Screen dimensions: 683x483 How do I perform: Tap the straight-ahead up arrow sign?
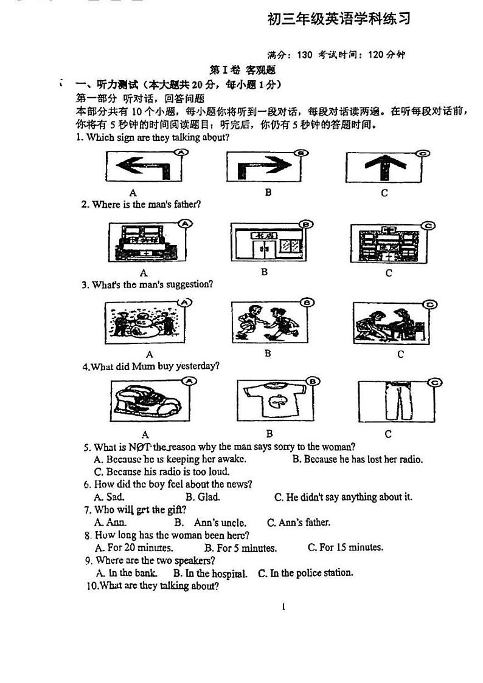[x=384, y=166]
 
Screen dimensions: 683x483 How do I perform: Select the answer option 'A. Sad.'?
[x=109, y=497]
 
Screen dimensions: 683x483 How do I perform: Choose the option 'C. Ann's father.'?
[x=299, y=523]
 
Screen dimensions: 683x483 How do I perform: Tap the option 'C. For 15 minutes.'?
[x=345, y=547]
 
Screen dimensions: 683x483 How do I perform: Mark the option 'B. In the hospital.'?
[x=210, y=573]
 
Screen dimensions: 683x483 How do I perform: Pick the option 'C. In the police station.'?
[x=305, y=572]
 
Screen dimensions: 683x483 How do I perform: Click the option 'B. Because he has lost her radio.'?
[x=357, y=459]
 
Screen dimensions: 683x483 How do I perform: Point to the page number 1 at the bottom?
[x=283, y=606]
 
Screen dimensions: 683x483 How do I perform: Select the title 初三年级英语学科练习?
[x=339, y=19]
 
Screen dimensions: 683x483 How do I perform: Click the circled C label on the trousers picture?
[x=434, y=382]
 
